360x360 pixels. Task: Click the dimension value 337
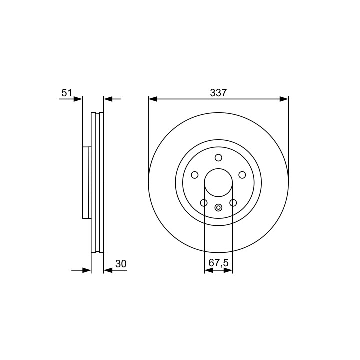[218, 93]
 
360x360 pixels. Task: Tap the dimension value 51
[67, 93]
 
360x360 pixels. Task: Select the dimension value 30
[121, 264]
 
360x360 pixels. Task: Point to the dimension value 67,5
[219, 263]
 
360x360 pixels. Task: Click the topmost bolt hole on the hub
[218, 158]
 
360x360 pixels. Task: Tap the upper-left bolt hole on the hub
[194, 175]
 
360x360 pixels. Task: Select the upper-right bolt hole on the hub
[242, 175]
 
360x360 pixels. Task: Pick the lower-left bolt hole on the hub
[204, 203]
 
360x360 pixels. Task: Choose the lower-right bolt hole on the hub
[233, 203]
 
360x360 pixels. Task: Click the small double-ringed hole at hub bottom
[218, 208]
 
